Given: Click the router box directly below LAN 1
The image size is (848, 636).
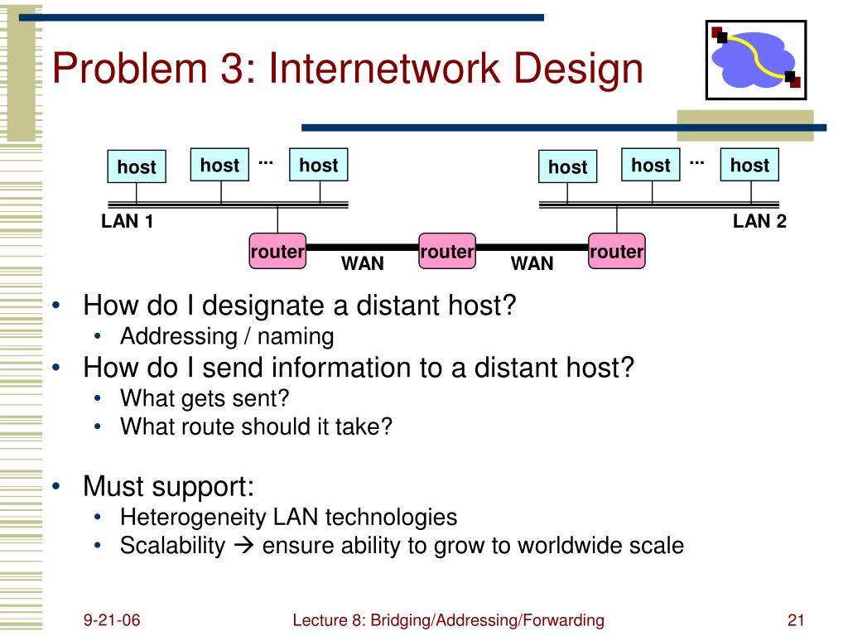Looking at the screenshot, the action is pyautogui.click(x=277, y=251).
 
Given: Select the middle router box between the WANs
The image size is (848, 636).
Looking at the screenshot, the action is pyautogui.click(x=447, y=251).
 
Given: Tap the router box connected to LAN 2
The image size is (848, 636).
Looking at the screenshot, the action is pyautogui.click(x=616, y=251).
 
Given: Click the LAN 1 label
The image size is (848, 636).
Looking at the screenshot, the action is pyautogui.click(x=128, y=221).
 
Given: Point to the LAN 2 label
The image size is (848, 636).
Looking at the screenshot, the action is pyautogui.click(x=759, y=221).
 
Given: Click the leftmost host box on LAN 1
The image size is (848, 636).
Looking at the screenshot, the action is pyautogui.click(x=137, y=166).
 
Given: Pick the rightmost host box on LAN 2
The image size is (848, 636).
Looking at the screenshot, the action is pyautogui.click(x=749, y=165).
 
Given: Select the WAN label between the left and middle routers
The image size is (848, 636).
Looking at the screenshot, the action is pyautogui.click(x=363, y=264).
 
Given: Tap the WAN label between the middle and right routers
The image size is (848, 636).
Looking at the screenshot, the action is pyautogui.click(x=532, y=264).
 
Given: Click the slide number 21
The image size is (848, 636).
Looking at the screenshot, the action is pyautogui.click(x=797, y=620).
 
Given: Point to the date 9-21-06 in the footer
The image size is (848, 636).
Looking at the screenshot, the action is pyautogui.click(x=111, y=620).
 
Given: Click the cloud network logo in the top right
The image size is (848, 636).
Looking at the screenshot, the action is pyautogui.click(x=755, y=59).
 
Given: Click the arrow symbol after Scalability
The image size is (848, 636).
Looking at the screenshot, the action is pyautogui.click(x=243, y=547).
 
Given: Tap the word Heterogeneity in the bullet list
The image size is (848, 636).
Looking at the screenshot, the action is pyautogui.click(x=195, y=518).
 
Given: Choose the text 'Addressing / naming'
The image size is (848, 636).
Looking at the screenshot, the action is pyautogui.click(x=227, y=336).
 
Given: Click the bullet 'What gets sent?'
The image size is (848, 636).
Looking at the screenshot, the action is pyautogui.click(x=205, y=398).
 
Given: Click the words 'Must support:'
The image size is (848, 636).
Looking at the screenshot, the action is pyautogui.click(x=168, y=485).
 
